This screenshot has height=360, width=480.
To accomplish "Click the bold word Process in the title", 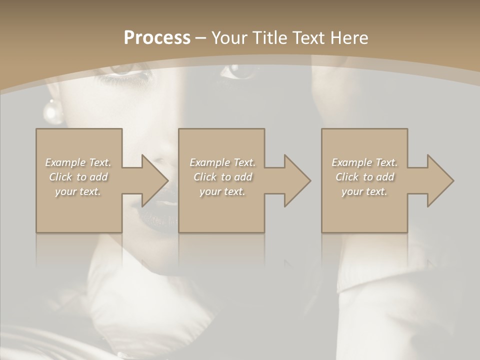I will pos(157,38).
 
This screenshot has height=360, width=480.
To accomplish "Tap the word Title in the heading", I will pos(269,38).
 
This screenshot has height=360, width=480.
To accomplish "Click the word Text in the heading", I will pos(309,38).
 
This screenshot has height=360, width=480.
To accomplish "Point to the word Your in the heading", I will pos(230,38).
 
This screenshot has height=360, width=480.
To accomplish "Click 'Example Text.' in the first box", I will pos(78,162).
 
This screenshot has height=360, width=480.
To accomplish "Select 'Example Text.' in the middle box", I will pos(222,162).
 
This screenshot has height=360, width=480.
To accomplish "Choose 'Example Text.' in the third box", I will pos(364,162).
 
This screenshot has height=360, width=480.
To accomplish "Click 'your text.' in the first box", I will pos(78,191).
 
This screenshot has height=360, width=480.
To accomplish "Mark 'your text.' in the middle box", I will pos(222,191).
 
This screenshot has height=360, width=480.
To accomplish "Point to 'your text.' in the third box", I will pos(364,191).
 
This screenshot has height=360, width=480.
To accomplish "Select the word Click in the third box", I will pos(347,177).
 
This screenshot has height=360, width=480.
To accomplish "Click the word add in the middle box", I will pos(242,177).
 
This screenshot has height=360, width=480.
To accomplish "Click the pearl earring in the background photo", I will pos(52,112).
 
